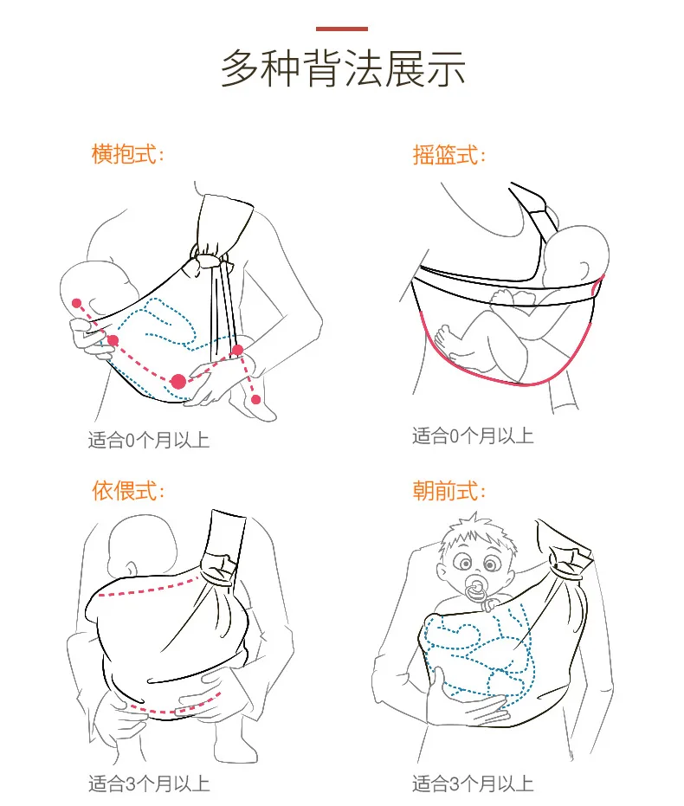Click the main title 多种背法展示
(x=342, y=68)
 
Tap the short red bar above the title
(x=342, y=29)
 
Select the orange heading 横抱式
(x=126, y=155)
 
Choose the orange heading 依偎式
(x=126, y=490)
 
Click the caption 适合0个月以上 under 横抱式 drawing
(x=148, y=440)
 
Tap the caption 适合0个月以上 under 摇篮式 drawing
(x=472, y=435)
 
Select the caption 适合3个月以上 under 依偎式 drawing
(x=148, y=784)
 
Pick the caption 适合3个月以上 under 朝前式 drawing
(x=472, y=784)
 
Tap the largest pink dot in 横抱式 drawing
(x=178, y=381)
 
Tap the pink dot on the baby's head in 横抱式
(x=77, y=303)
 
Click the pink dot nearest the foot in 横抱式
(x=255, y=398)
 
